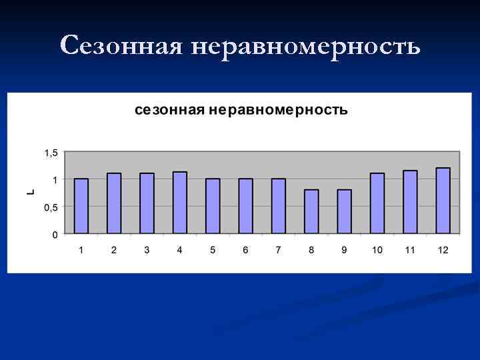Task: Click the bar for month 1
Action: point(81,206)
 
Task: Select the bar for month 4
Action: point(180,203)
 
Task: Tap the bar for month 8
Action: point(311,211)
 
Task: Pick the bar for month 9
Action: point(344,211)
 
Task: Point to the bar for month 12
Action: point(443,200)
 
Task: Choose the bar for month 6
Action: point(245,206)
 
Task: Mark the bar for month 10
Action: point(377,203)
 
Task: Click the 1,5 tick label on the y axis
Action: point(51,153)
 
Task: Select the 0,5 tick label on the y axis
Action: point(51,207)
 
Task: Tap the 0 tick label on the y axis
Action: point(55,234)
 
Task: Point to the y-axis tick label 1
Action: point(55,179)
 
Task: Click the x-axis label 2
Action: point(114,250)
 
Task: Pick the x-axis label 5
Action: point(213,250)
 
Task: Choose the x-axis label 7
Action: point(279,250)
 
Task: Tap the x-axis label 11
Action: point(410,250)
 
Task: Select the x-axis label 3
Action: point(147,250)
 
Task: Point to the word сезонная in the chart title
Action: point(169,110)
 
